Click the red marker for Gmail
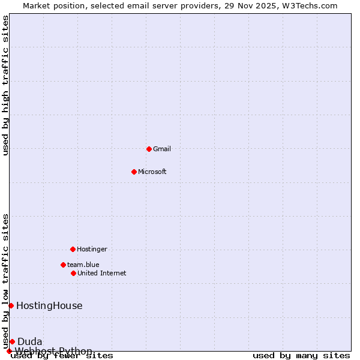(x=149, y=149)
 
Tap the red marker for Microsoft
(x=134, y=172)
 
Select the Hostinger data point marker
(x=73, y=249)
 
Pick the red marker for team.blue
(x=63, y=265)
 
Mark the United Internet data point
(x=73, y=273)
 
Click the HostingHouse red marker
(x=11, y=305)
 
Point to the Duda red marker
(x=12, y=341)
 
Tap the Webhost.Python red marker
(x=9, y=351)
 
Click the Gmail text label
(x=162, y=149)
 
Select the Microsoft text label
(x=152, y=172)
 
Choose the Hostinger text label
(x=92, y=249)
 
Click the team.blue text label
(x=83, y=265)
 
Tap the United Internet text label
(x=102, y=273)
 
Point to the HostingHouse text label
(x=49, y=305)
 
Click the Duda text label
(x=30, y=341)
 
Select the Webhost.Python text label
(x=53, y=351)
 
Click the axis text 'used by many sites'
(x=301, y=356)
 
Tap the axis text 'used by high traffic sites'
(x=6, y=85)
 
